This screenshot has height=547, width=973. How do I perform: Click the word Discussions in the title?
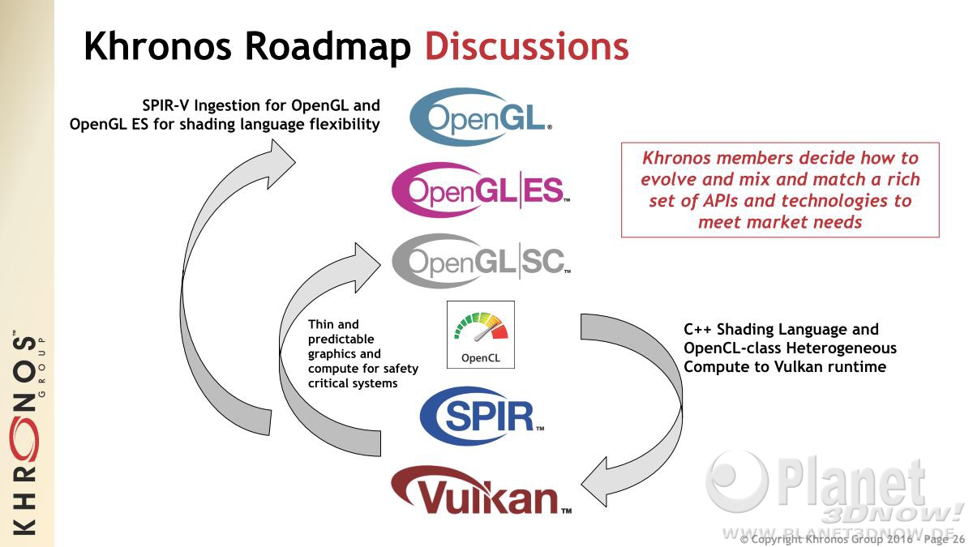click(x=527, y=46)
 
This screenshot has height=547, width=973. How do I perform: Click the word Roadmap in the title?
click(x=328, y=47)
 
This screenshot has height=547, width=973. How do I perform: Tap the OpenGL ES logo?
click(x=481, y=190)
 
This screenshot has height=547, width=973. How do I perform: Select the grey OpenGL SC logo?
click(x=481, y=261)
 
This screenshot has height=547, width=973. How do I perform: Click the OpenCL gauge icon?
click(x=480, y=335)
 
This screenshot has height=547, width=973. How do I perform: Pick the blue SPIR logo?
click(x=482, y=416)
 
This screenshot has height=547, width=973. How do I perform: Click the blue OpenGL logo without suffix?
click(x=480, y=117)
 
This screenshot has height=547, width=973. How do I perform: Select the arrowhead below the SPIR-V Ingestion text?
click(x=281, y=164)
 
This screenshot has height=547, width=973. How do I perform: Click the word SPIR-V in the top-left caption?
click(x=165, y=105)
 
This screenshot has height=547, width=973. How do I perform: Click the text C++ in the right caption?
click(x=698, y=329)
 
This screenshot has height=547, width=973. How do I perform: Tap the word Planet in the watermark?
click(x=851, y=483)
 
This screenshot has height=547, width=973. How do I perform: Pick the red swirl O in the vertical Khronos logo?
click(x=26, y=438)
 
